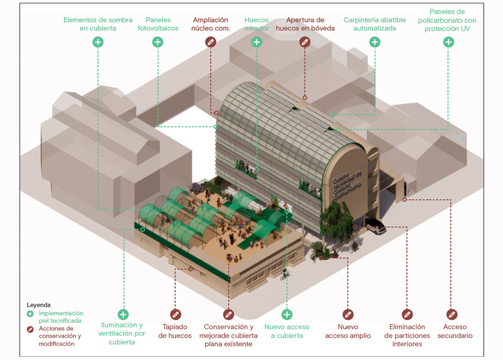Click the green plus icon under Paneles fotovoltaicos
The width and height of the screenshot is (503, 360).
[157, 42]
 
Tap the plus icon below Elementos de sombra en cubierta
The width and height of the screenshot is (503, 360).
[98, 42]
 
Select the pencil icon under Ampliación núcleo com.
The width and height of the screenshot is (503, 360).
[210, 42]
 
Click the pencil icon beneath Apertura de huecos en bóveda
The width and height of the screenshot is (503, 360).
[305, 42]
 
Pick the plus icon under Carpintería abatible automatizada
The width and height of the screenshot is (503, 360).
[375, 42]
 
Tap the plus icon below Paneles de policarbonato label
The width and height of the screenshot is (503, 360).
[448, 42]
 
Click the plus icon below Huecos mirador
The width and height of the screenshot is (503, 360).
[256, 42]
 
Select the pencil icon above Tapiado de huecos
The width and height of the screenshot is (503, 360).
[175, 315]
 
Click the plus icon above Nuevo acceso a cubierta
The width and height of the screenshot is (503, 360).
[287, 315]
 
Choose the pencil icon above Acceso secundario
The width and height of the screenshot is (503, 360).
[452, 315]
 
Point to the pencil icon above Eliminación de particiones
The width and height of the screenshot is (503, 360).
[407, 315]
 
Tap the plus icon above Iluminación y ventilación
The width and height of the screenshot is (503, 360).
[123, 315]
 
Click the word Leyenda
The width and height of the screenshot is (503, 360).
[38, 305]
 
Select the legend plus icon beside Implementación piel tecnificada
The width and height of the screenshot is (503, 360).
[30, 313]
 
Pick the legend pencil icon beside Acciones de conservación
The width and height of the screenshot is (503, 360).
[30, 329]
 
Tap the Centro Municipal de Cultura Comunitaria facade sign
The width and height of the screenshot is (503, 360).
[347, 184]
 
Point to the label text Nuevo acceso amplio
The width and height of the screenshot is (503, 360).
[348, 332]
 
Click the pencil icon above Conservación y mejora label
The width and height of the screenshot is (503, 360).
[229, 315]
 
